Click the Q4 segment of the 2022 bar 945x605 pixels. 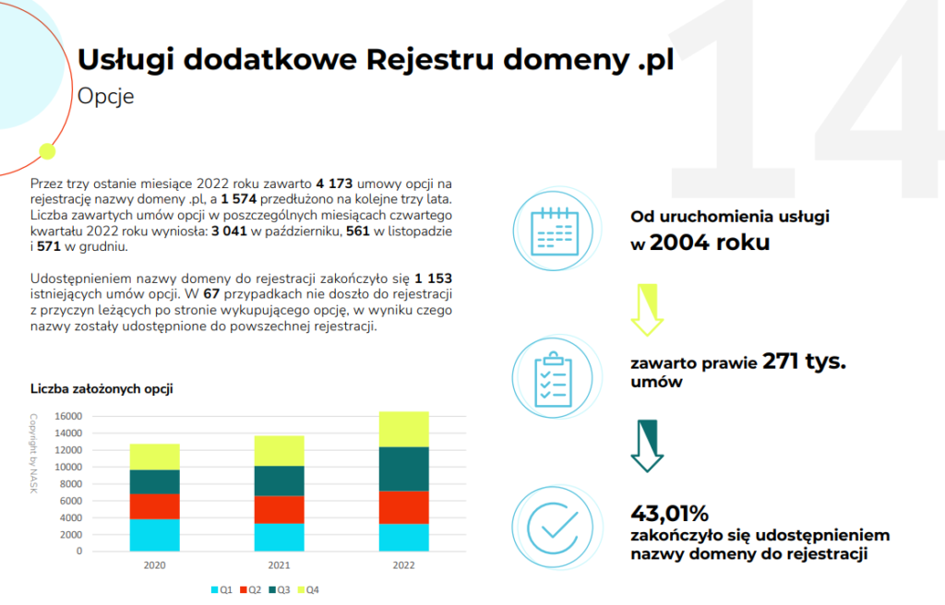tap(404, 429)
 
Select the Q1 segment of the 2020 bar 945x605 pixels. tap(154, 535)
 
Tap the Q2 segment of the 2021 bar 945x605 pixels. tap(279, 509)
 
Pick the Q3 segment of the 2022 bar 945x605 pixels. tap(404, 469)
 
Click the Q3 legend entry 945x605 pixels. tap(280, 589)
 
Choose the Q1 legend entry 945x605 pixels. tap(221, 589)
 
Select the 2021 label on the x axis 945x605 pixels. tap(279, 565)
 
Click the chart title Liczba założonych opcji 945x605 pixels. tap(102, 389)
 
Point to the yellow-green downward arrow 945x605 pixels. tap(647, 309)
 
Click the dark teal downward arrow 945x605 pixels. tap(647, 445)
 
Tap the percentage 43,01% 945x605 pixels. tap(669, 514)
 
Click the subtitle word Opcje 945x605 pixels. tap(106, 97)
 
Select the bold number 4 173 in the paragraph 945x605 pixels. tap(333, 184)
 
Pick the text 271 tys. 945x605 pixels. tap(804, 362)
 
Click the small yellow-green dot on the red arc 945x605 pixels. tap(47, 150)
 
